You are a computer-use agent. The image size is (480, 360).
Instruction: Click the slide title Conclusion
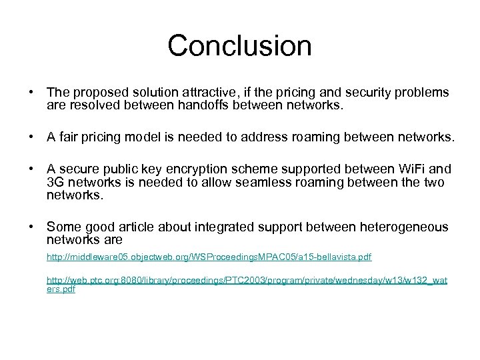click(239, 46)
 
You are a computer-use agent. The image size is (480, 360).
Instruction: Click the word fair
click(70, 138)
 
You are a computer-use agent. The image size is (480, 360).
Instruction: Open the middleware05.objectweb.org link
click(209, 257)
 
